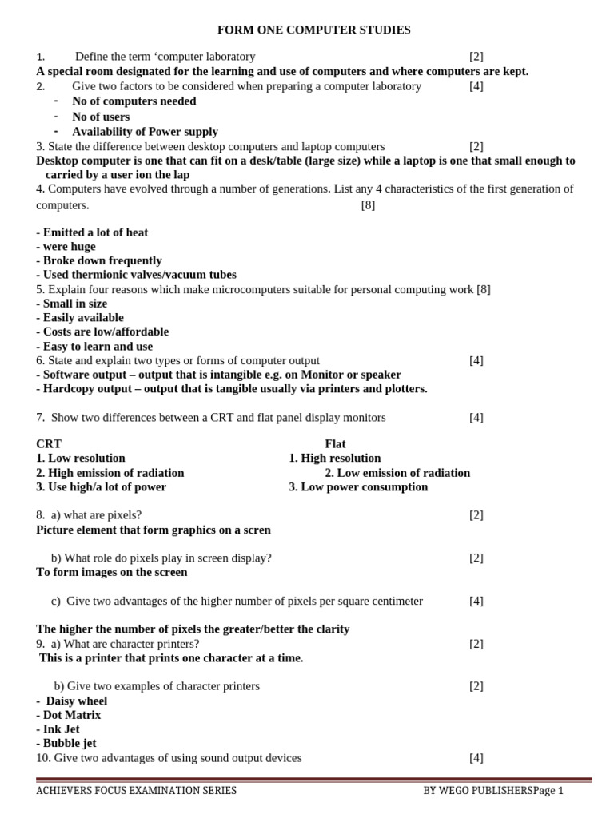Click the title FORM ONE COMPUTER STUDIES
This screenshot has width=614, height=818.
[x=314, y=30]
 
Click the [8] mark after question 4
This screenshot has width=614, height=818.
[x=368, y=205]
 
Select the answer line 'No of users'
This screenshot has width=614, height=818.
[x=101, y=117]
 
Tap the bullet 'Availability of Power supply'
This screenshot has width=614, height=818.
[x=145, y=132]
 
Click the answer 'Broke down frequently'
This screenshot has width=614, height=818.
[x=99, y=260]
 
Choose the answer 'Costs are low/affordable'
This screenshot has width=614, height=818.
[x=102, y=332]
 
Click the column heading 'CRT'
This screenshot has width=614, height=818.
[x=49, y=444]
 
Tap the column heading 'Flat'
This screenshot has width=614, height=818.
[x=335, y=444]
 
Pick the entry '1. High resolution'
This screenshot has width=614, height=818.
[x=334, y=459]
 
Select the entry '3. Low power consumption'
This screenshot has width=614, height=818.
[x=358, y=487]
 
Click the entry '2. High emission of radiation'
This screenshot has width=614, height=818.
[x=110, y=473]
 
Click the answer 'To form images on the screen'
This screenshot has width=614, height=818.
[x=112, y=572]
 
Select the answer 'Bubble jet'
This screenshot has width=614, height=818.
[x=66, y=743]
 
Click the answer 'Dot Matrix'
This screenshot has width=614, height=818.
[x=69, y=715]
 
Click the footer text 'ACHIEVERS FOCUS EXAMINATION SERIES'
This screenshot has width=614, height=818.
[x=136, y=791]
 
